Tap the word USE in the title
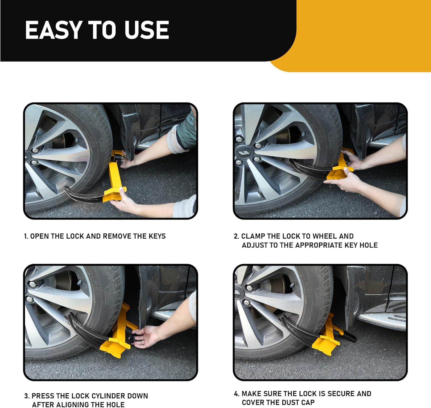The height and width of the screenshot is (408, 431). point(147,30)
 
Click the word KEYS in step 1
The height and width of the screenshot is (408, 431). point(157,236)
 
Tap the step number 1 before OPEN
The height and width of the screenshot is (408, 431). point(26,236)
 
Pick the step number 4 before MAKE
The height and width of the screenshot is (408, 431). point(236,394)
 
